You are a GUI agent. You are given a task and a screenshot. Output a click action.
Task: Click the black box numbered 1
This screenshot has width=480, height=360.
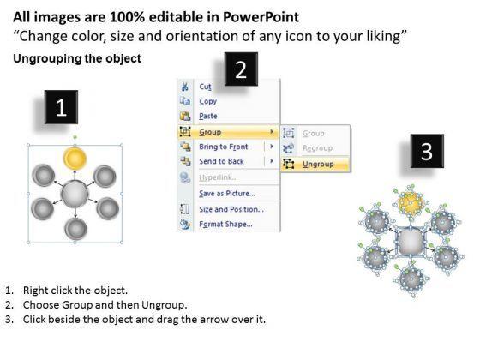(61, 107)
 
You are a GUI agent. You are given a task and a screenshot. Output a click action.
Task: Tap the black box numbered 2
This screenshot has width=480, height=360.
(241, 69)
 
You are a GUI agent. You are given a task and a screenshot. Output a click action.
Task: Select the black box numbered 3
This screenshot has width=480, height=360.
(427, 151)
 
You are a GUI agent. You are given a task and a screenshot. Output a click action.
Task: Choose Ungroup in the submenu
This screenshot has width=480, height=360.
(318, 165)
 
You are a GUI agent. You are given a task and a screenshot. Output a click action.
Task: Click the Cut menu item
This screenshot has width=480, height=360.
(205, 87)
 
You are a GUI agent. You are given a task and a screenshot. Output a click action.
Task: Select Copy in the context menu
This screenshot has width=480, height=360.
(207, 102)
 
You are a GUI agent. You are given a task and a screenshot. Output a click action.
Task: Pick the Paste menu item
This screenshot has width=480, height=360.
(208, 117)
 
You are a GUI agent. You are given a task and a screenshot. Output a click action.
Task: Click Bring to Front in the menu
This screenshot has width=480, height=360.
(224, 147)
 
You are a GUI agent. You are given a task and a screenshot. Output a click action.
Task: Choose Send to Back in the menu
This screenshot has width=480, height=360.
(222, 161)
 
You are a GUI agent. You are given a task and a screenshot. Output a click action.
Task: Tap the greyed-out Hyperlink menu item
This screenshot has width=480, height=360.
(219, 177)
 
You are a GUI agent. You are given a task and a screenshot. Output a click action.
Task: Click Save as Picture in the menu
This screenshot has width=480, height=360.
(227, 194)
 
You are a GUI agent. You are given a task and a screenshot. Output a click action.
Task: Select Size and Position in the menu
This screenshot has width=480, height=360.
(231, 209)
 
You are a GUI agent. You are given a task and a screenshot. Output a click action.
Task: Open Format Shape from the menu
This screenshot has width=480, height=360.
(226, 225)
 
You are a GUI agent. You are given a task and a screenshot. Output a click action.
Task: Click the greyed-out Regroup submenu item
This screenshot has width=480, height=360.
(317, 148)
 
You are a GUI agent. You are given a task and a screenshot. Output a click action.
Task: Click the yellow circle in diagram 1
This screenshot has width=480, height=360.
(75, 159)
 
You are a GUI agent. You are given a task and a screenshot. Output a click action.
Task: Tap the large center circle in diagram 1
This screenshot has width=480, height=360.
(75, 194)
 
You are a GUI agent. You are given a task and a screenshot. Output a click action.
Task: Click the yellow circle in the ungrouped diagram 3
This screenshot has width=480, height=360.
(411, 202)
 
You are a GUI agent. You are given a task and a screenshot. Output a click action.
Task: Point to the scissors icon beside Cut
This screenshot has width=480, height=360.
(184, 87)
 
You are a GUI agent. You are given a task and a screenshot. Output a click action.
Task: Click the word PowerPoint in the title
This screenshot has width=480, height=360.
(261, 17)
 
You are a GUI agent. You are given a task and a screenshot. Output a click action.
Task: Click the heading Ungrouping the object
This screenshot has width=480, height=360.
(77, 58)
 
